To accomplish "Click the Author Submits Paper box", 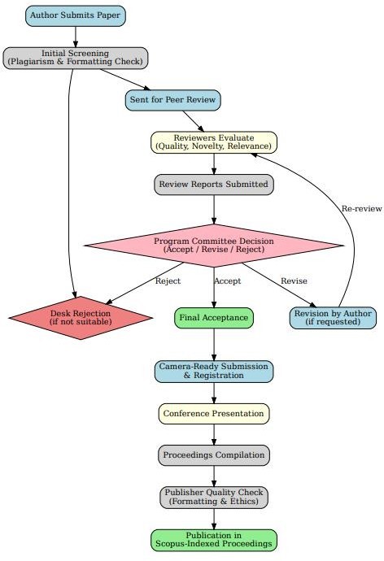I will [76, 15].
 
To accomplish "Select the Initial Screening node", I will [76, 57].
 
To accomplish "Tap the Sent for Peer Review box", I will [174, 100].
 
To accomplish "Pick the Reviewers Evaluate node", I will [214, 142].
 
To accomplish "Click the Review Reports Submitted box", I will [214, 185].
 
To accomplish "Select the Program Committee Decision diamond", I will [214, 245].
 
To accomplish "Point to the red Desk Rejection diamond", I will [81, 317].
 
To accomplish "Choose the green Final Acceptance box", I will [214, 317].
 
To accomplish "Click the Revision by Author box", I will [333, 317].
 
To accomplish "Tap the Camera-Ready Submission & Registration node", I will [214, 371].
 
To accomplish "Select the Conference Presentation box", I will [214, 413].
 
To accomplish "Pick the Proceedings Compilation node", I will [214, 454].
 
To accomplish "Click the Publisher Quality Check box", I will [214, 497].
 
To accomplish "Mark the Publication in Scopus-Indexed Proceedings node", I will [214, 540].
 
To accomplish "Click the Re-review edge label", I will [361, 209].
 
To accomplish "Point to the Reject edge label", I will [168, 281].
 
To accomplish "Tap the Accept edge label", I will [228, 281].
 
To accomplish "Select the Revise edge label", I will [294, 281].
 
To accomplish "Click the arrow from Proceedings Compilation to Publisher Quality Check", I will [214, 476].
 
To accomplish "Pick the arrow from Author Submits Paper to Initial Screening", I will [76, 36].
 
